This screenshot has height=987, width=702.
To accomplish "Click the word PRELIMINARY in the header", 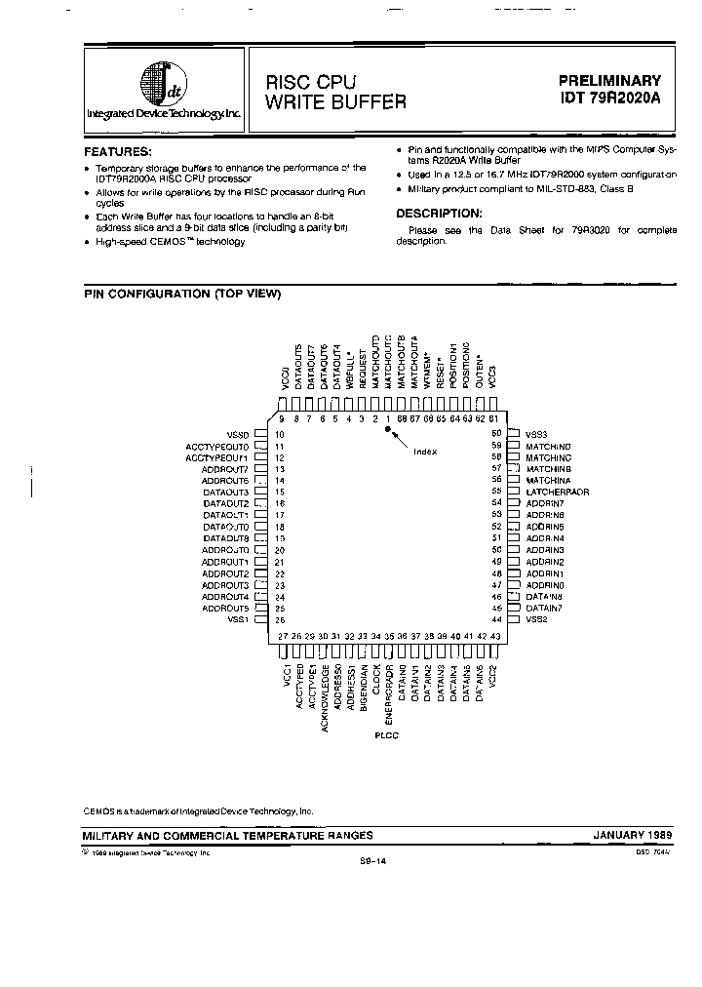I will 609,81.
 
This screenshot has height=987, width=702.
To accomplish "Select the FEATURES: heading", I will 118,152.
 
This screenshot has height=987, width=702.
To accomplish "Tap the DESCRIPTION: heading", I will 439,213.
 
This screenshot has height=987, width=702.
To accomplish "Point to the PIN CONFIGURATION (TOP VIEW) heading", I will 182,294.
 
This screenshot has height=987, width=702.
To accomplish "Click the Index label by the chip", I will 425,451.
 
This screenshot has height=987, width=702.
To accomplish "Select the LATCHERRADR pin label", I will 558,492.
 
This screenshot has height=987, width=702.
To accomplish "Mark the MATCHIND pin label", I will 548,445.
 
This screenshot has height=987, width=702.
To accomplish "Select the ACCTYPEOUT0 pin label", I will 217,445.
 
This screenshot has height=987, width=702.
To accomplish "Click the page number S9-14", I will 371,862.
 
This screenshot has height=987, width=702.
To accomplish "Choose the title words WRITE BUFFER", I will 334,100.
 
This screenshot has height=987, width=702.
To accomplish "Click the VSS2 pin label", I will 537,619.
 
